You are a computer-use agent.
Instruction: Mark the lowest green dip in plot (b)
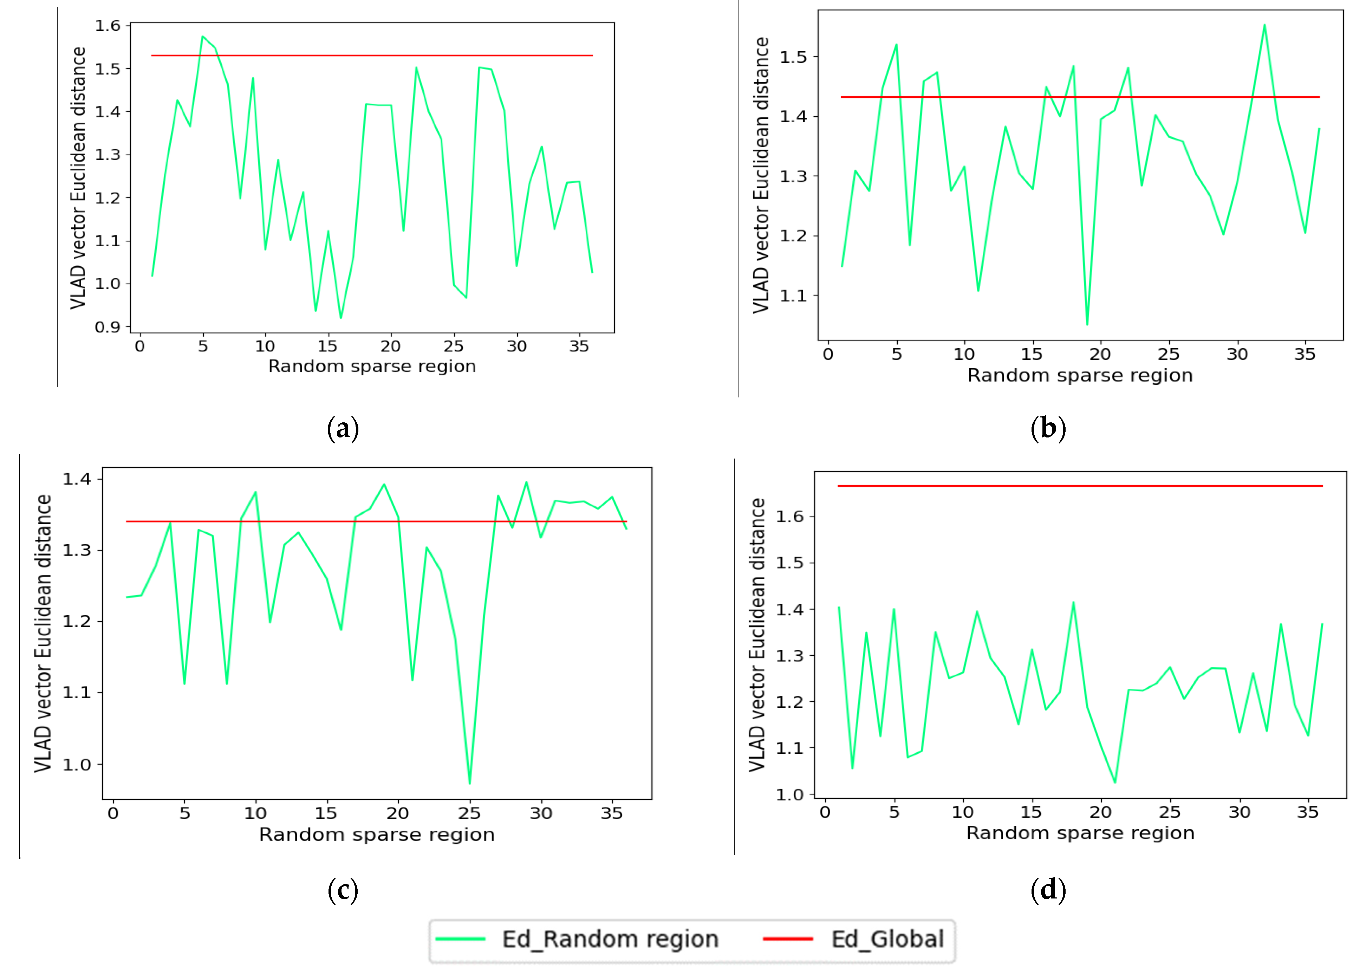[x=1087, y=324]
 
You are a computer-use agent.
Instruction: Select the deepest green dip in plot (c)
[x=469, y=783]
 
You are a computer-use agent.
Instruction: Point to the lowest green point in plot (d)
[x=1115, y=782]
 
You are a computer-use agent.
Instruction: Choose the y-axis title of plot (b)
[x=761, y=175]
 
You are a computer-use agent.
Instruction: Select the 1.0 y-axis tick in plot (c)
[x=77, y=764]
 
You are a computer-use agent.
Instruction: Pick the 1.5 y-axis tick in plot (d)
[x=789, y=563]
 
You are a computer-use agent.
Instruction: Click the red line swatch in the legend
[x=788, y=939]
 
